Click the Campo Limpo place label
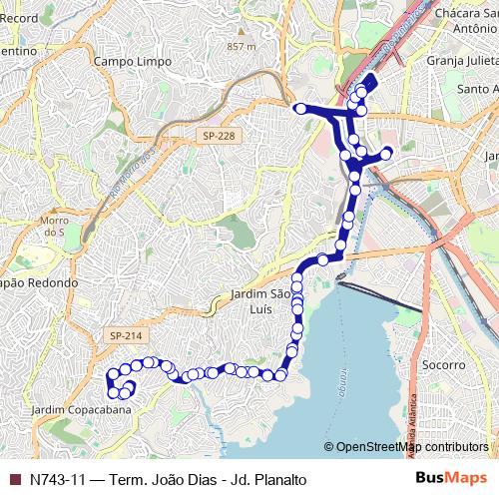pyautogui.click(x=133, y=62)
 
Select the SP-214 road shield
pyautogui.click(x=127, y=336)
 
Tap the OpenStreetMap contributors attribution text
pyautogui.click(x=411, y=447)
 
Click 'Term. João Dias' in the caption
pyautogui.click(x=165, y=479)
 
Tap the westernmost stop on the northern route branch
pyautogui.click(x=300, y=108)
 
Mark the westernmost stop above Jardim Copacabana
pyautogui.click(x=112, y=377)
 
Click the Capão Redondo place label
pyautogui.click(x=38, y=282)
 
